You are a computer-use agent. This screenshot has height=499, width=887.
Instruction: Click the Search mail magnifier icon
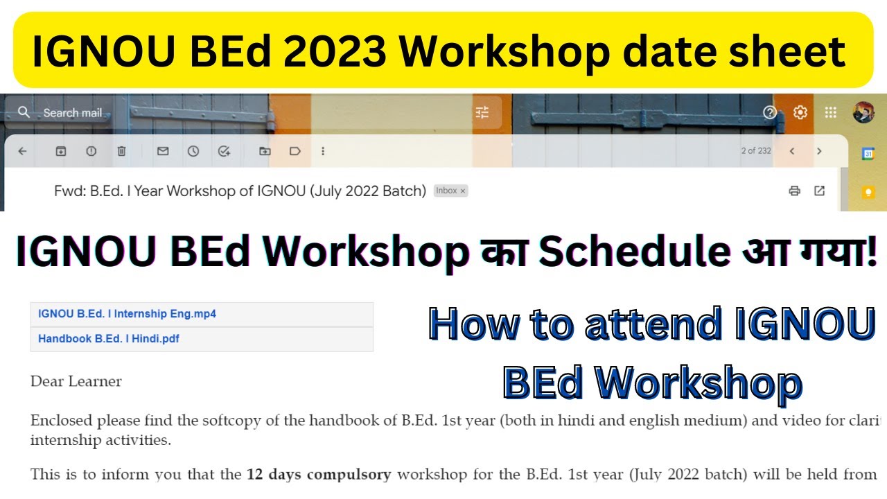[x=24, y=112]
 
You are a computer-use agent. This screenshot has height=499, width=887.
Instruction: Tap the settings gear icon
[x=800, y=112]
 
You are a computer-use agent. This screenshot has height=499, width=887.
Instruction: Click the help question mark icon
[x=770, y=112]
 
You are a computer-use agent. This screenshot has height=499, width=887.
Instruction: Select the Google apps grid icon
[x=832, y=112]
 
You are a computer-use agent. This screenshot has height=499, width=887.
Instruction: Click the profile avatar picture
[x=863, y=112]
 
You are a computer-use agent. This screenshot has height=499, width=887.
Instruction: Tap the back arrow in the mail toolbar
[x=22, y=151]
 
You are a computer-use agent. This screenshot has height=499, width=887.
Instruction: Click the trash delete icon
[x=122, y=151]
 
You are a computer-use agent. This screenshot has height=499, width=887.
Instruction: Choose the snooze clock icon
[x=193, y=151]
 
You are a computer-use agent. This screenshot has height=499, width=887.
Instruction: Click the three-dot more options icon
[x=323, y=151]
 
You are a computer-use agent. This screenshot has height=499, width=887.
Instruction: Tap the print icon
[x=794, y=191]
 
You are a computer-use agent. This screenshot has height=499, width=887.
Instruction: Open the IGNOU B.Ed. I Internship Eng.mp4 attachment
[x=127, y=314]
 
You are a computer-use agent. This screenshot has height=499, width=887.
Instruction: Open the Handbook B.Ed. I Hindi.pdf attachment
[x=109, y=339]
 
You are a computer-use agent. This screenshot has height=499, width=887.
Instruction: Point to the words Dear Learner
[x=76, y=381]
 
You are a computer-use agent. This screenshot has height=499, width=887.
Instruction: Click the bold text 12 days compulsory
[x=319, y=475]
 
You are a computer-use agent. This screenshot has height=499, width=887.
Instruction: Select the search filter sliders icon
[x=482, y=112]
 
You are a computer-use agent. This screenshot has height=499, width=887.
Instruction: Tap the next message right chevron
[x=819, y=151]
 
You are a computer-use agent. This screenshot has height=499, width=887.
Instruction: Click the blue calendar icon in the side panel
[x=868, y=155]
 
